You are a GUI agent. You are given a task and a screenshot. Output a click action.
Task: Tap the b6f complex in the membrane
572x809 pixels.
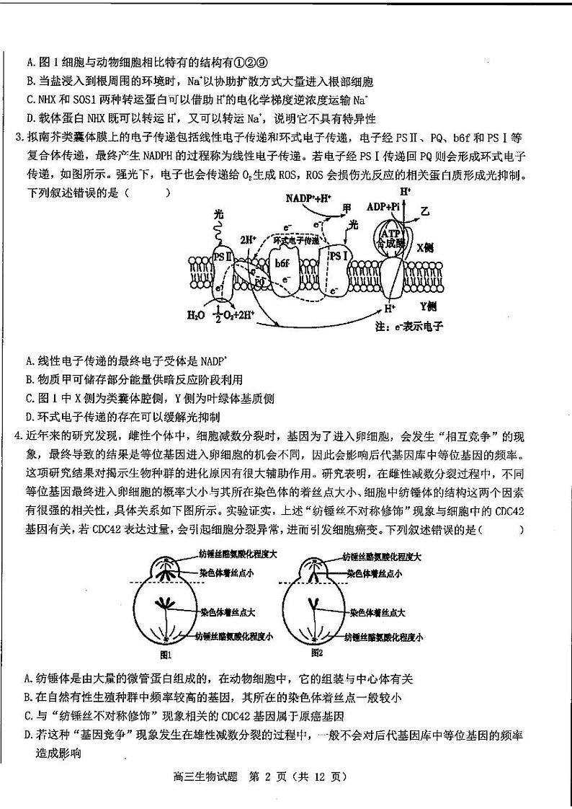point(281,264)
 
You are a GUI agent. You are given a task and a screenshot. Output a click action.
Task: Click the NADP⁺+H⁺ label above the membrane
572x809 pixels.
point(308,198)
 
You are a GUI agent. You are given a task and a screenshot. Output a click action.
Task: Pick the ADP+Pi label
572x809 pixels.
point(383,206)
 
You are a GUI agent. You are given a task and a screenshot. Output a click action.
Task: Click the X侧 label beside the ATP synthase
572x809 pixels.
point(425,246)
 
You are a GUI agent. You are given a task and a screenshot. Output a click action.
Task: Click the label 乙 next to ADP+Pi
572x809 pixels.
point(424,213)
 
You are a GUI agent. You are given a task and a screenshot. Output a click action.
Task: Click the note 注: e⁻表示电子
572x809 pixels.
point(408,326)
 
